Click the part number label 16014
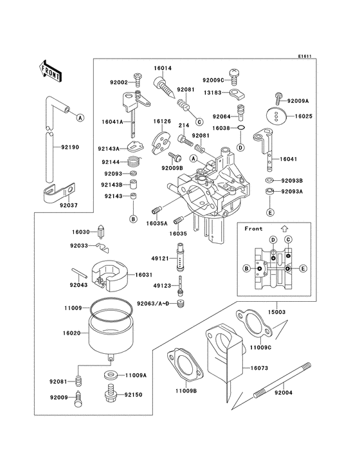pyautogui.click(x=163, y=68)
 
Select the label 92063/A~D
pyautogui.click(x=152, y=302)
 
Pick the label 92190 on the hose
pyautogui.click(x=70, y=147)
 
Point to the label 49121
pyautogui.click(x=159, y=258)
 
